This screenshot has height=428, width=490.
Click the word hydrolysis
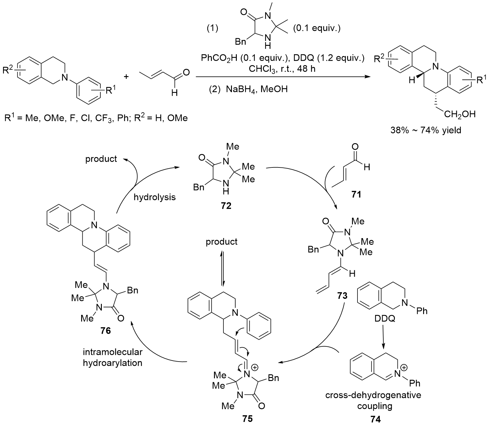(155, 197)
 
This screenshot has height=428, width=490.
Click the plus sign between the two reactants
(126, 77)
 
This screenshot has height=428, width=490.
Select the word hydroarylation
(112, 363)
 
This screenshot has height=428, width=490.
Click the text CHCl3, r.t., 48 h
(282, 69)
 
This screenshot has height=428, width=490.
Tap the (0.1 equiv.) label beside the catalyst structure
(317, 29)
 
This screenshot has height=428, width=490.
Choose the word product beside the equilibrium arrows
(222, 242)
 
